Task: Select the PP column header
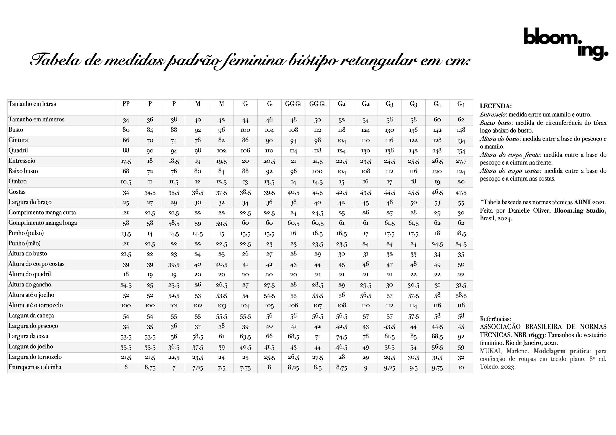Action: point(126,104)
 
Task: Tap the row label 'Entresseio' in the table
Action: point(22,161)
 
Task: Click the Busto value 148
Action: point(461,130)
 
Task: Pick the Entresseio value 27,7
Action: point(461,161)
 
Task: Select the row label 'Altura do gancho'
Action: point(30,285)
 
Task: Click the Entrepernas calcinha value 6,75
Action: point(150,368)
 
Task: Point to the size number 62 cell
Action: point(461,120)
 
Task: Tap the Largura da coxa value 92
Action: point(461,337)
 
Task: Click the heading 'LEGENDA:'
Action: point(495,106)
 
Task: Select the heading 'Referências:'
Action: point(495,319)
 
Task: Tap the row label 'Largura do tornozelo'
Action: point(35,357)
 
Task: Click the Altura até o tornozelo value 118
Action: point(461,306)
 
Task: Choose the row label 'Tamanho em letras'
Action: point(32,104)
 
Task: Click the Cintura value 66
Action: point(126,140)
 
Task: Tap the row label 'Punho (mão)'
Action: point(24,243)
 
